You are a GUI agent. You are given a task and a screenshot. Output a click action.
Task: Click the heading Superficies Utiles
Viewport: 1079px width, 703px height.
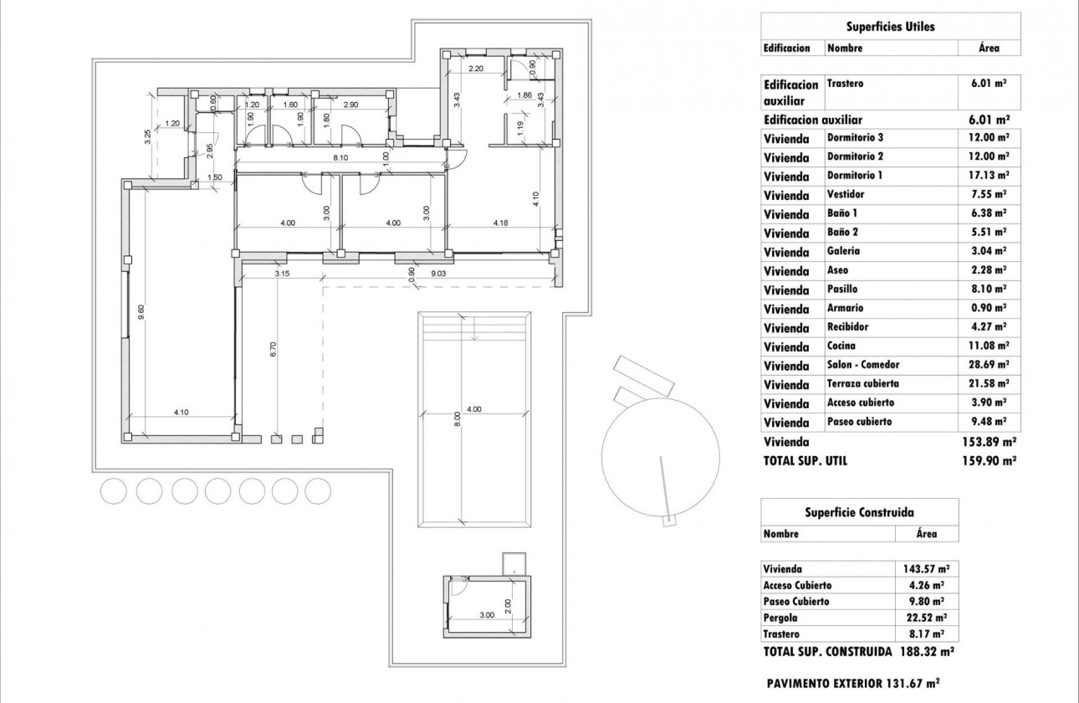[x=891, y=27]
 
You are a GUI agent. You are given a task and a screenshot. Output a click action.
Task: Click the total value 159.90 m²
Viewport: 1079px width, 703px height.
[x=990, y=460]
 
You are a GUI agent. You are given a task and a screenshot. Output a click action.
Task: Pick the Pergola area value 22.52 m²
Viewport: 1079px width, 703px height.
[x=928, y=618]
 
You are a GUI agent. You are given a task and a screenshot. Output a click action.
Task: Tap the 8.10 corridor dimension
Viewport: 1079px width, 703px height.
[x=340, y=157]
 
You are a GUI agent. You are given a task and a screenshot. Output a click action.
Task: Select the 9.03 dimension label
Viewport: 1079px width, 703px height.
[x=439, y=272]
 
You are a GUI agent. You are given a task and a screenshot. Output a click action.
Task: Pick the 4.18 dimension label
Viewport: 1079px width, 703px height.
[x=501, y=223]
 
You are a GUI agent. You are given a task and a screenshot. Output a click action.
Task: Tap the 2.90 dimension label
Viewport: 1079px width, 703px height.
[x=350, y=105]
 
